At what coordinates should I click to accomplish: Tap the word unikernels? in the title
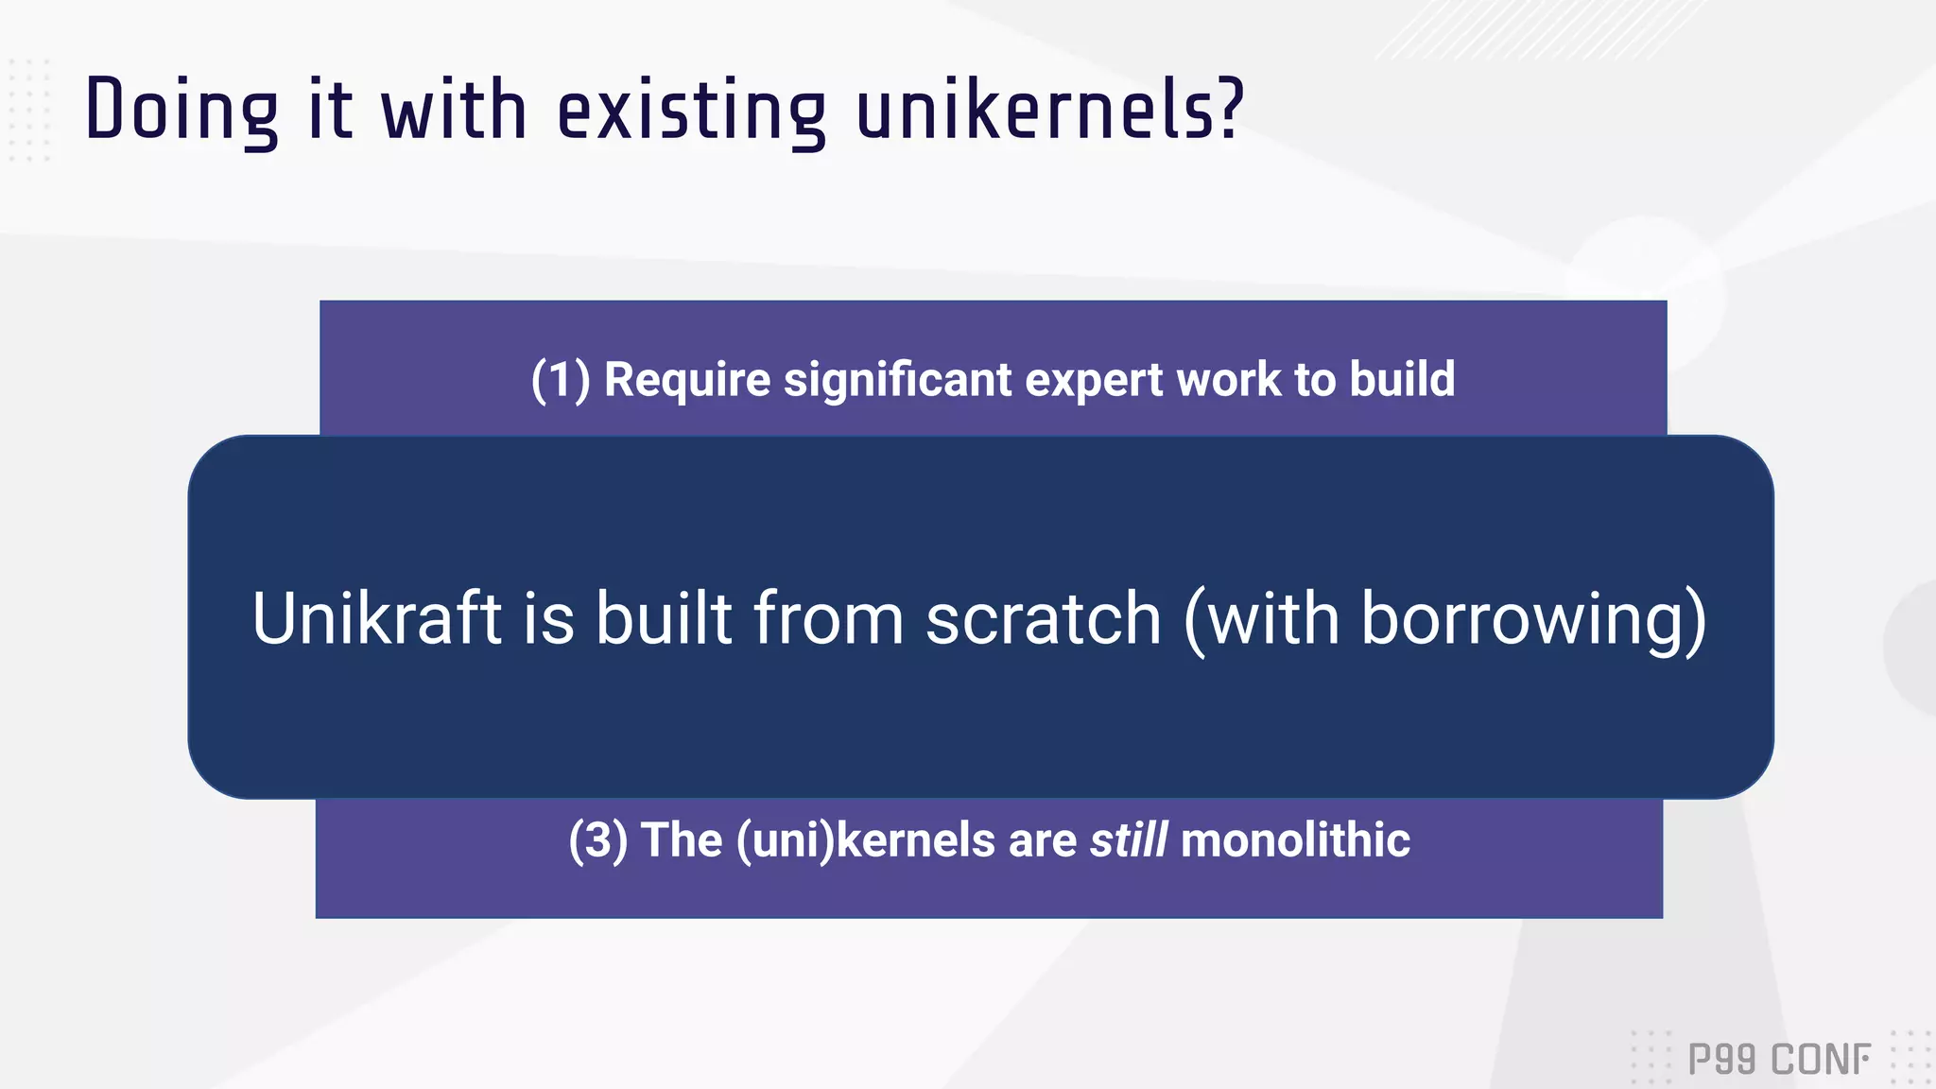point(1049,111)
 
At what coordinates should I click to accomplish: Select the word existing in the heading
point(691,111)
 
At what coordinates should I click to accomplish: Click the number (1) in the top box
point(561,380)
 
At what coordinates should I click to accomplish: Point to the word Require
point(687,380)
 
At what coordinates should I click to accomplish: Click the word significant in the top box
point(898,380)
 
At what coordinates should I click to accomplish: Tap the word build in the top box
point(1402,380)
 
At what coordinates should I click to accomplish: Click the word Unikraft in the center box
point(376,618)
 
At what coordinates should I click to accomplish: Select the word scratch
point(1043,618)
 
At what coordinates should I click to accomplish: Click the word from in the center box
point(828,618)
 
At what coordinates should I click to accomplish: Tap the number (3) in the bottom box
point(597,839)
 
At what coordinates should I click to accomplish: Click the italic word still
point(1128,839)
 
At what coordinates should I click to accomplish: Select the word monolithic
point(1295,839)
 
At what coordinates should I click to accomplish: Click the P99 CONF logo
point(1778,1059)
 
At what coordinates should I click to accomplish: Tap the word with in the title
point(453,111)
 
